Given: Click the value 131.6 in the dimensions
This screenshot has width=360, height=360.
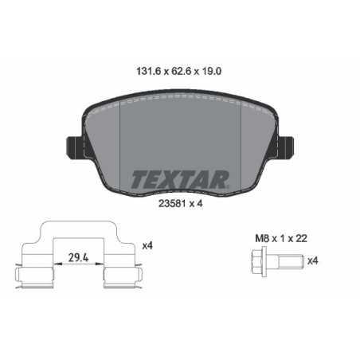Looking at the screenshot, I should coord(143,71).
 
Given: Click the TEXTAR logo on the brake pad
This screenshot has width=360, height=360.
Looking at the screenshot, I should coord(179,177).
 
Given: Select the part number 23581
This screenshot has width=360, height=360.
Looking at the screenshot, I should coord(168,202).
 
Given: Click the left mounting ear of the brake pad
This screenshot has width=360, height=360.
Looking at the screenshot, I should coord(72,148).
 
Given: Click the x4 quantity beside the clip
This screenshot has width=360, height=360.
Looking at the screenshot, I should coord(147,246).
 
